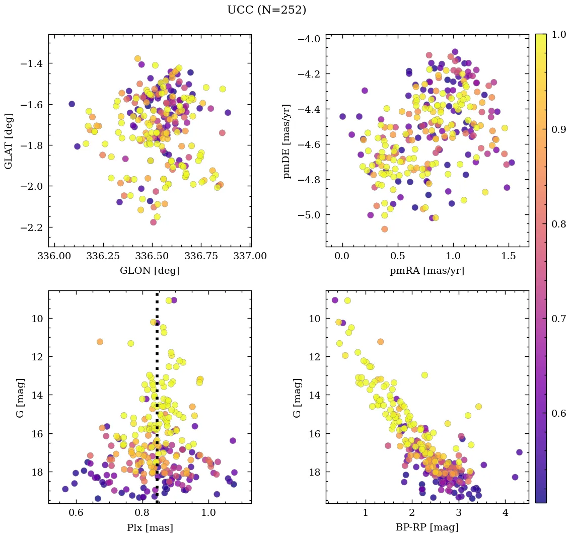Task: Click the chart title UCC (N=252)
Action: [x=266, y=10]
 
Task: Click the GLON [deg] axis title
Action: [x=150, y=271]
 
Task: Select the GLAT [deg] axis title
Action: [x=9, y=140]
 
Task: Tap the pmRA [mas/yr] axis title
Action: [x=427, y=271]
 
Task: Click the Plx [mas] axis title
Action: [x=150, y=527]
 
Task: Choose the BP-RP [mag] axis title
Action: [x=427, y=527]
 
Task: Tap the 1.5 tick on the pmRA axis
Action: [x=508, y=256]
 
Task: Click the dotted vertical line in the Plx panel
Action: [x=157, y=403]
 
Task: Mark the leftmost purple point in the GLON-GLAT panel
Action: [x=71, y=104]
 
